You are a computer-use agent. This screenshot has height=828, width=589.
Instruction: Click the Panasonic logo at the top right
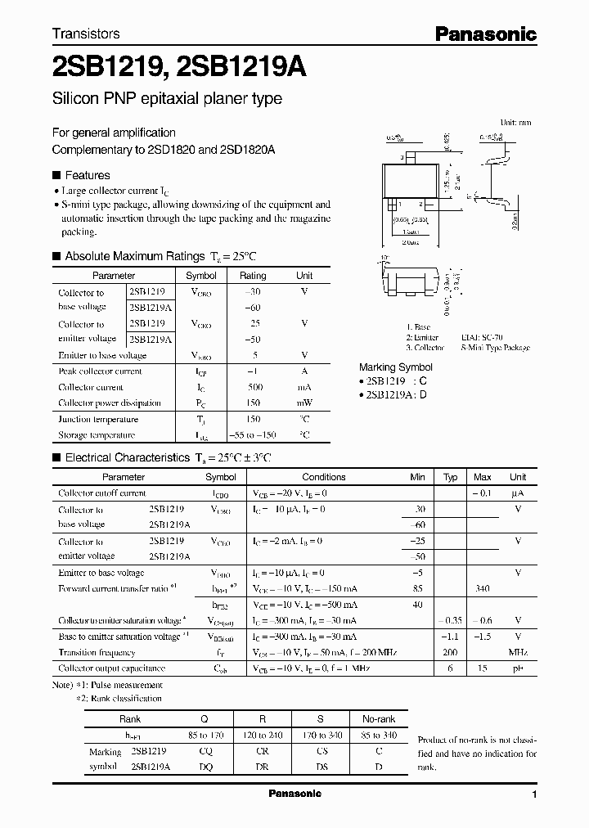(x=485, y=34)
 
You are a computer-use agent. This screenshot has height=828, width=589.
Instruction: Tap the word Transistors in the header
(x=86, y=34)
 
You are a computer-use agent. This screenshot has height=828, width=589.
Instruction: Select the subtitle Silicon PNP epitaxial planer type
(x=167, y=99)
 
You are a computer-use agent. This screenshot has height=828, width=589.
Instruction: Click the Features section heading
(x=87, y=175)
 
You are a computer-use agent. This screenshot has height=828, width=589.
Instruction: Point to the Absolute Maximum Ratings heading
(x=134, y=256)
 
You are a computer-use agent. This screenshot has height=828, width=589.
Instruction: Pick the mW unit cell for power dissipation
(x=304, y=403)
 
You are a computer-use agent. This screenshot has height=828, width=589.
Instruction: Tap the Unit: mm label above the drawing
(x=515, y=122)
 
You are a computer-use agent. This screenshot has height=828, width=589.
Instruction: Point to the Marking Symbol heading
(x=396, y=367)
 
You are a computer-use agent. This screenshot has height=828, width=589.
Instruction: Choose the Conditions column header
(x=324, y=477)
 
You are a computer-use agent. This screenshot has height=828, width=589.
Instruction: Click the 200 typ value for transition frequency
(x=450, y=653)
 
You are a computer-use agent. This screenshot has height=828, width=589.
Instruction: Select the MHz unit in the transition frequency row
(x=517, y=653)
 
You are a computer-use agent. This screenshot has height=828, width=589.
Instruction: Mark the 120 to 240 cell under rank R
(x=263, y=736)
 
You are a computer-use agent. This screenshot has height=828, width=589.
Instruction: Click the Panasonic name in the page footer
(x=294, y=794)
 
